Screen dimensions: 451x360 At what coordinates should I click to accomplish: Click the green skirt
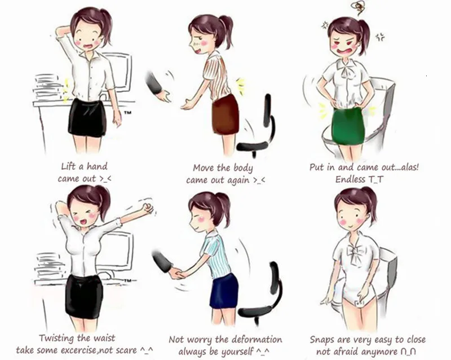[x=347, y=125]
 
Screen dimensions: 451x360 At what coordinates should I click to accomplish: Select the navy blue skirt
[x=224, y=291]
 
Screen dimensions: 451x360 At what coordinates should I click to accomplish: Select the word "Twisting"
[x=57, y=338]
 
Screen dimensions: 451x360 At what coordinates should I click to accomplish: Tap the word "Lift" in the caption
[x=68, y=166]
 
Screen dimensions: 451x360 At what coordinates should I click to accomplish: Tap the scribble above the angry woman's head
[x=359, y=8]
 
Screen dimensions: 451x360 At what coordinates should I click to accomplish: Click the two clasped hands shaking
[x=176, y=273]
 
